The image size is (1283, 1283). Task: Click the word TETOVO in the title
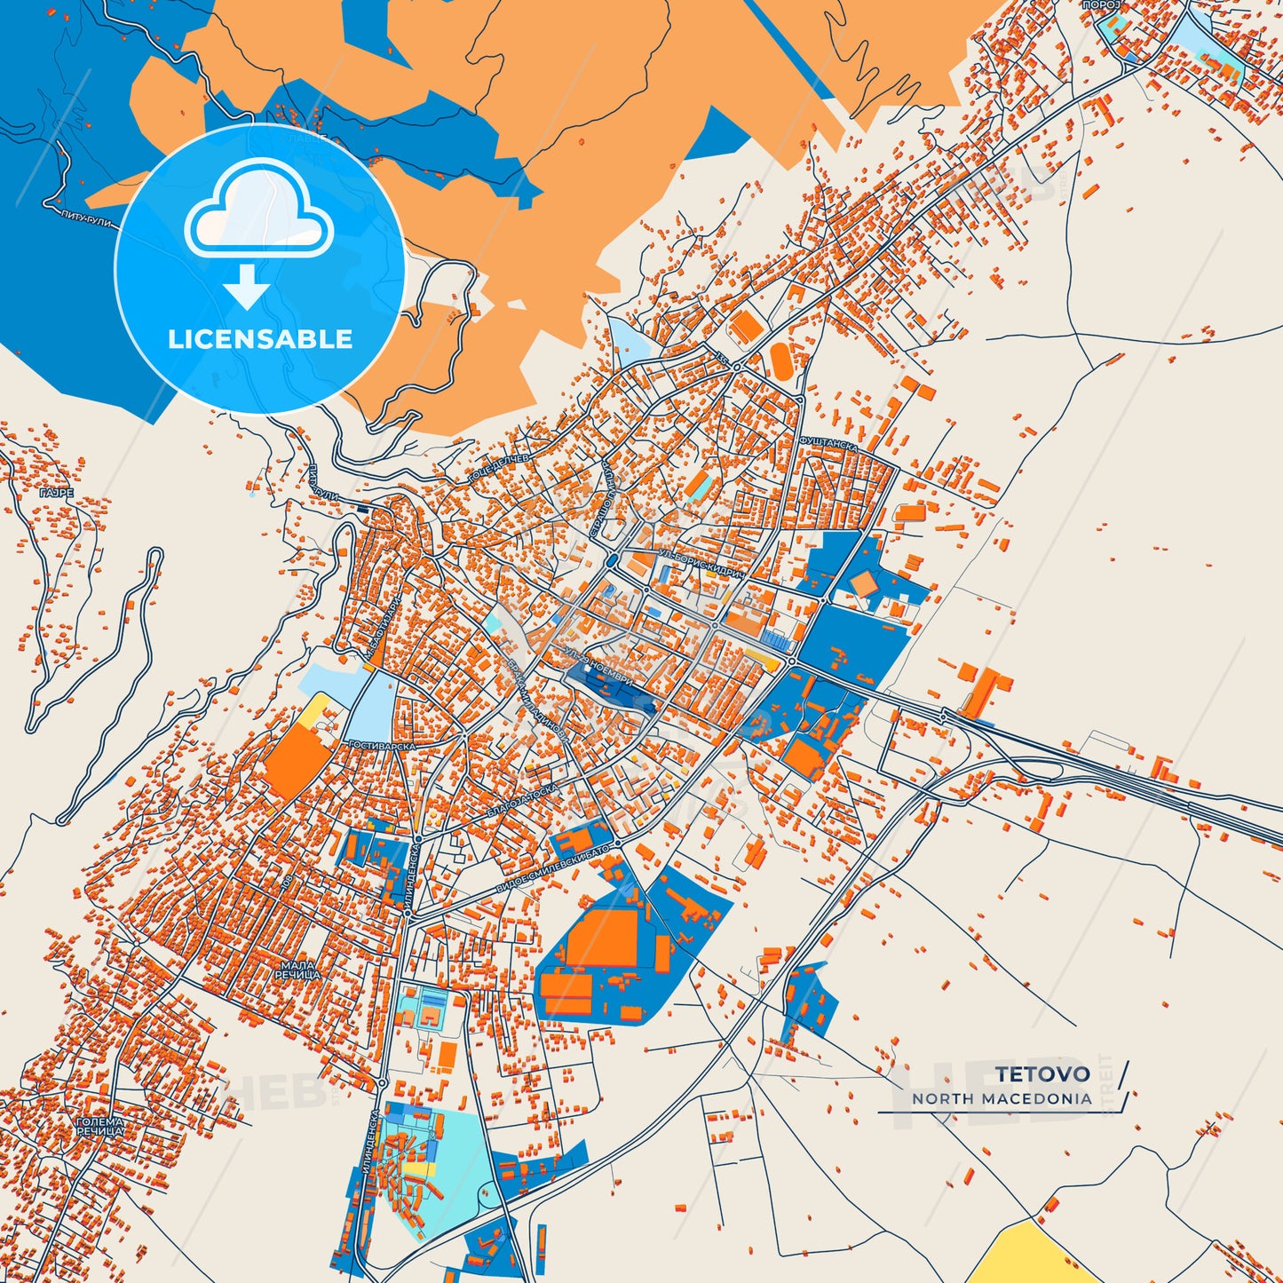(1041, 1074)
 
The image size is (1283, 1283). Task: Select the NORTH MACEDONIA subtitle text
(1002, 1099)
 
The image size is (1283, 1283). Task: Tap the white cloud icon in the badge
(258, 212)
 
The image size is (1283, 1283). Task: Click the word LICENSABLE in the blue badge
(260, 339)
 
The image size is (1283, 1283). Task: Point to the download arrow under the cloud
(247, 286)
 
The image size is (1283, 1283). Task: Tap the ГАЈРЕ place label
(56, 493)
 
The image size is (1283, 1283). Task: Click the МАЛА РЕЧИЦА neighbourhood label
(297, 970)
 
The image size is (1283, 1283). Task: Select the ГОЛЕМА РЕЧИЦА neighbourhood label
(99, 1127)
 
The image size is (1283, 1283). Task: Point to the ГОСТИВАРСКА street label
(382, 746)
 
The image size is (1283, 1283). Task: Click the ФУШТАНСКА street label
(828, 443)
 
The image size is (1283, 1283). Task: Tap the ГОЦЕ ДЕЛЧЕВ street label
(498, 469)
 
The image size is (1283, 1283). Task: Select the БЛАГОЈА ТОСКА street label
(523, 801)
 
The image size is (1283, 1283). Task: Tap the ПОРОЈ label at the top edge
(1102, 5)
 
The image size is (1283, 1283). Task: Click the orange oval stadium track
(781, 360)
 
